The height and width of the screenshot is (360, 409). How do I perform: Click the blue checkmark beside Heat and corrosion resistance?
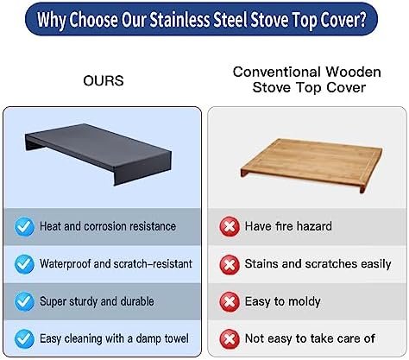pyautogui.click(x=24, y=227)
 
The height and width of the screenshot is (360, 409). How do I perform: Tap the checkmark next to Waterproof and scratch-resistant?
pyautogui.click(x=24, y=264)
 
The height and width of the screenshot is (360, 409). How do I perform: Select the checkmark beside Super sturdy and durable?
pyautogui.click(x=24, y=301)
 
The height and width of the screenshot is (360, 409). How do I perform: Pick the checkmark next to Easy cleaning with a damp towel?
pyautogui.click(x=24, y=338)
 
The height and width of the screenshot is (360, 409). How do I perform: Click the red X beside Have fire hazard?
pyautogui.click(x=230, y=227)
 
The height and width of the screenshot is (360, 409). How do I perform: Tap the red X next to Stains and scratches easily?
pyautogui.click(x=230, y=264)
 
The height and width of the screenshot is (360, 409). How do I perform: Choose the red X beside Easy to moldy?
pyautogui.click(x=230, y=301)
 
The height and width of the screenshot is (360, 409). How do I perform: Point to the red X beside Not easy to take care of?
pyautogui.click(x=230, y=338)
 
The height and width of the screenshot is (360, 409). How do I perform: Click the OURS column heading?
pyautogui.click(x=104, y=80)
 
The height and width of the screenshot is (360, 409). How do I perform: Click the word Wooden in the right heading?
pyautogui.click(x=353, y=72)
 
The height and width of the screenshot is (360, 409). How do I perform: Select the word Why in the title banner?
pyautogui.click(x=51, y=20)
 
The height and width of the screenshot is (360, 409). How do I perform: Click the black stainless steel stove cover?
pyautogui.click(x=98, y=154)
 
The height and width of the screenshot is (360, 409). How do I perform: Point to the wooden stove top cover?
pyautogui.click(x=311, y=165)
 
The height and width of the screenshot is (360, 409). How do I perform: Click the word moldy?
pyautogui.click(x=305, y=302)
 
